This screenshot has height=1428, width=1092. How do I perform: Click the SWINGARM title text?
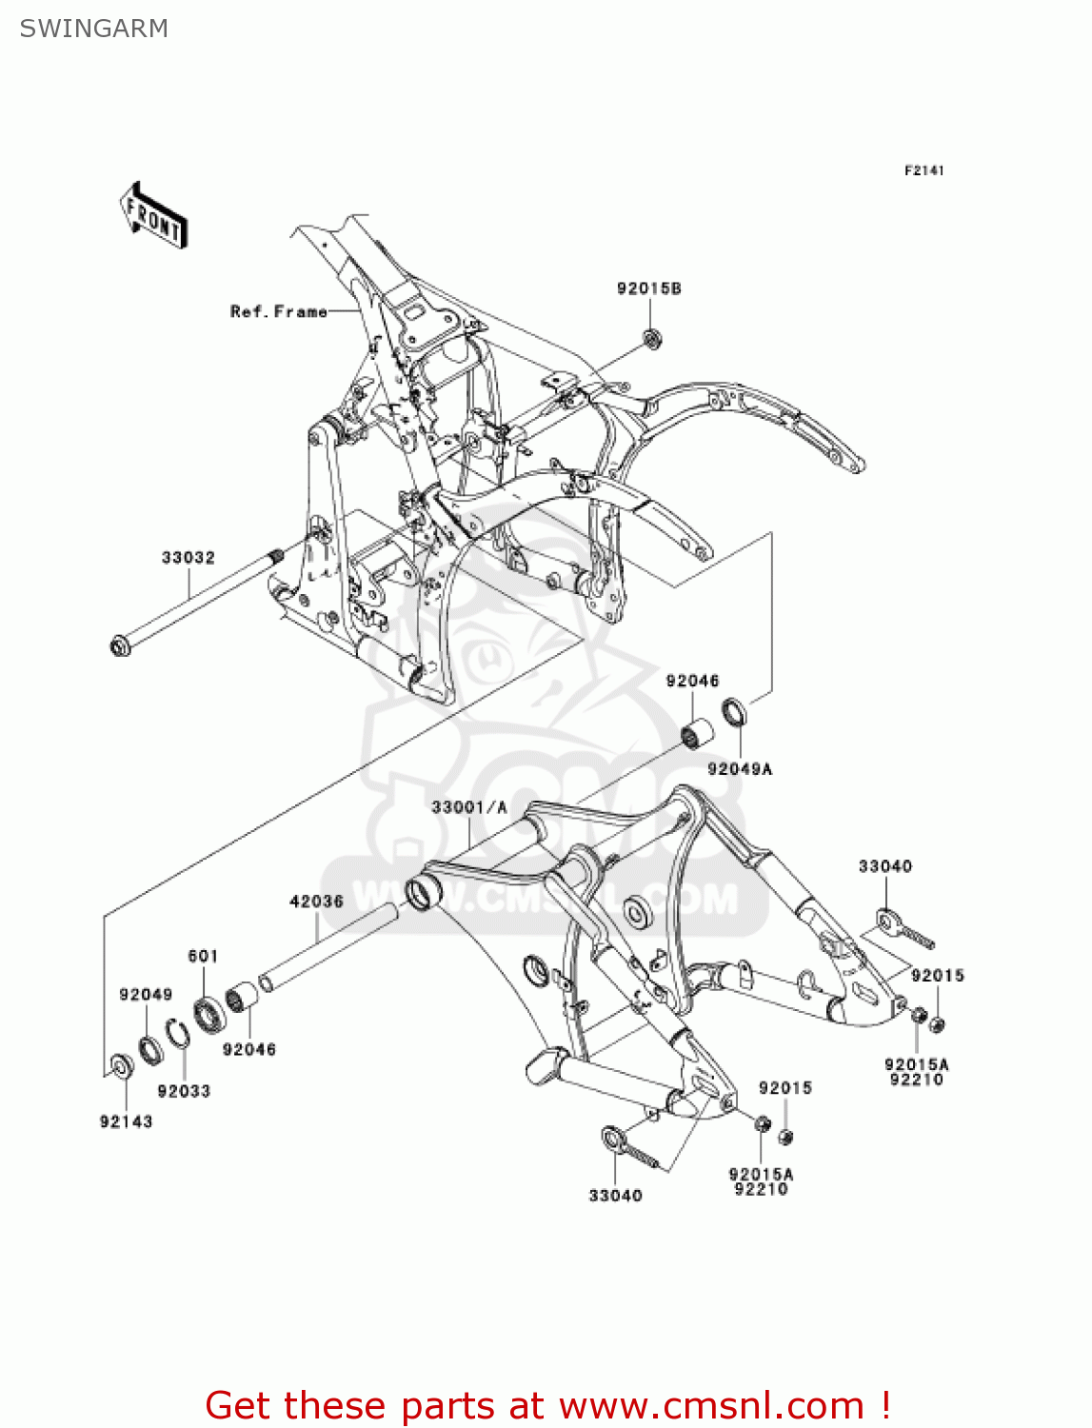(93, 29)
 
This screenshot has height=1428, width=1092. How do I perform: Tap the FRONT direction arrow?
(153, 216)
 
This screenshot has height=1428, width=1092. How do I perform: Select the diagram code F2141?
(923, 170)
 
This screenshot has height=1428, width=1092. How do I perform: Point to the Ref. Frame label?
(278, 311)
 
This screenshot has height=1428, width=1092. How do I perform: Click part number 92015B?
(648, 288)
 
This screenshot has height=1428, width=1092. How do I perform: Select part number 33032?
(188, 557)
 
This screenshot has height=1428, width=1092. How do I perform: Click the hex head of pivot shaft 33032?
(121, 647)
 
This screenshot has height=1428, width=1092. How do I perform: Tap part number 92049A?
(740, 768)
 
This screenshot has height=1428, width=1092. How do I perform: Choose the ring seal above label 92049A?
(734, 712)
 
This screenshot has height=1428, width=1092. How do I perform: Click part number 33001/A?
(469, 807)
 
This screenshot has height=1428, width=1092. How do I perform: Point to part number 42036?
(316, 901)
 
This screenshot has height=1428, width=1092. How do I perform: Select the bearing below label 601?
(208, 1013)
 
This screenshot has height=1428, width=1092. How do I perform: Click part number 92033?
(184, 1091)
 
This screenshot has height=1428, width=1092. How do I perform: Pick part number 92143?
(126, 1121)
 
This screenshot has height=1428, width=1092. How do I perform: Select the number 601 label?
(203, 956)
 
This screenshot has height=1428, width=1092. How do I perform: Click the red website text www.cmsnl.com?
(711, 1405)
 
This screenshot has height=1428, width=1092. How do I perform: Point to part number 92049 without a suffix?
(146, 994)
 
